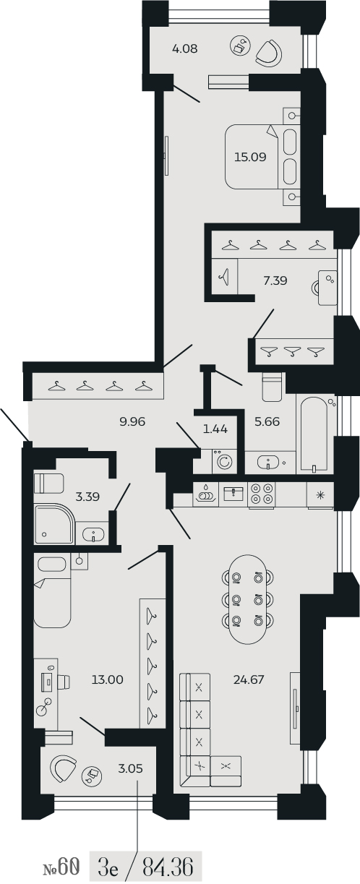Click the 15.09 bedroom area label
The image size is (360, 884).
pyautogui.click(x=250, y=157)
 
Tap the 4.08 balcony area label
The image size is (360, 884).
pyautogui.click(x=185, y=49)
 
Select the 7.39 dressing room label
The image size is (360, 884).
pyautogui.click(x=275, y=280)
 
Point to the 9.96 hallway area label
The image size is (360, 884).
pyautogui.click(x=132, y=421)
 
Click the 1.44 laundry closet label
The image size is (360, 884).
pyautogui.click(x=215, y=429)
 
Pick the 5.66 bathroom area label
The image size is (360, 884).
pyautogui.click(x=267, y=421)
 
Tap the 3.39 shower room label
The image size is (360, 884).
pyautogui.click(x=87, y=497)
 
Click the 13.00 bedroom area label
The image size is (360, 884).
pyautogui.click(x=108, y=679)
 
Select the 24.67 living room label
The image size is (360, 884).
pyautogui.click(x=249, y=679)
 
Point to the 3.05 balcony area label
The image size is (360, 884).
pyautogui.click(x=131, y=768)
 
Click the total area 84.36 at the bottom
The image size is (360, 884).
pyautogui.click(x=168, y=868)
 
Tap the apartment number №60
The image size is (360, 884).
pyautogui.click(x=61, y=868)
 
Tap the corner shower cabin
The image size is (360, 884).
pyautogui.click(x=54, y=524)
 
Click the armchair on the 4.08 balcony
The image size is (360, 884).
pyautogui.click(x=269, y=53)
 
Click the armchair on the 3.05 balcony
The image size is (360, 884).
pyautogui.click(x=63, y=769)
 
